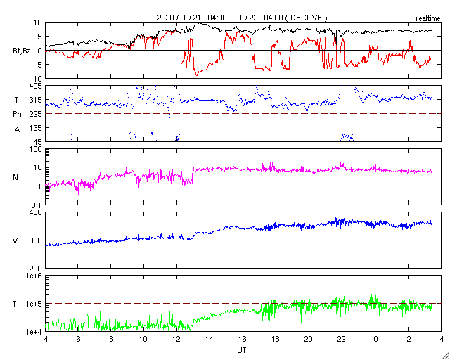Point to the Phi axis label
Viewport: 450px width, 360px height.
coord(18,114)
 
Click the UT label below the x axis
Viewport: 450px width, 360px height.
coord(241,349)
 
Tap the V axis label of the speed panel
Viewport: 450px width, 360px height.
coord(15,240)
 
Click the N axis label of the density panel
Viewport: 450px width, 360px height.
coord(15,177)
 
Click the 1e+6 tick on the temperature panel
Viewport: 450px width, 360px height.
coord(32,276)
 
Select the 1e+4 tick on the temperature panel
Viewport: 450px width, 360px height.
coord(32,331)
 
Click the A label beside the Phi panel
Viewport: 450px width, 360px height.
coord(16,129)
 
